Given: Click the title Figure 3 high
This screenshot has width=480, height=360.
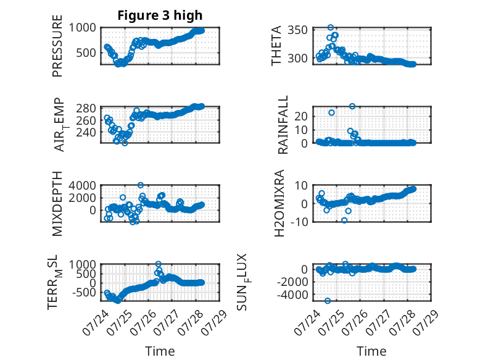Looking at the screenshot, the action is (x=160, y=15).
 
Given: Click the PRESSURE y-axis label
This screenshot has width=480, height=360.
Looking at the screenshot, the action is (x=57, y=46).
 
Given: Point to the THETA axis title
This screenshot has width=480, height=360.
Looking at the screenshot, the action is (x=276, y=46).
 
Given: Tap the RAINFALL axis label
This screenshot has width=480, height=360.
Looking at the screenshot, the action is (x=283, y=125).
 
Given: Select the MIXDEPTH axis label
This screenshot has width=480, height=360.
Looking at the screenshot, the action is (x=57, y=204).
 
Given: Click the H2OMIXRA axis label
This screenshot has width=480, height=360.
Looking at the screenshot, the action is (x=279, y=203).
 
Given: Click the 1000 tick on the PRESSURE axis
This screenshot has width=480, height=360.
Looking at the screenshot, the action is (x=82, y=28).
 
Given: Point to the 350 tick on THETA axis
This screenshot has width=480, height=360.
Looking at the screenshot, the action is (x=297, y=30).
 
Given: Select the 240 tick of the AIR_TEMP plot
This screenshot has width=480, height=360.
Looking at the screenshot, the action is (x=86, y=132).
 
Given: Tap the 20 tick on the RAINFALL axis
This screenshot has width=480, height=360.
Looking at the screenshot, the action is (x=301, y=117).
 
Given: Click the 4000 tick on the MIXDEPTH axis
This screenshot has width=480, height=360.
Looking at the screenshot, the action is (x=82, y=185).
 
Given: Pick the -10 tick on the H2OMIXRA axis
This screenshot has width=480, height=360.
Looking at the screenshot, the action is (x=299, y=222).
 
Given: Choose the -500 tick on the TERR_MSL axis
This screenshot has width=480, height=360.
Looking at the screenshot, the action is (x=84, y=292).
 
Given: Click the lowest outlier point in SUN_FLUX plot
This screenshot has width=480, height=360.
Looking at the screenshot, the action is (x=328, y=301).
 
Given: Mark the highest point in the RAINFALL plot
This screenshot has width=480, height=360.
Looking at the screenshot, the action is (x=352, y=106).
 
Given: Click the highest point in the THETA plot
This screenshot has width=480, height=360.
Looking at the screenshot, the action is (x=330, y=28).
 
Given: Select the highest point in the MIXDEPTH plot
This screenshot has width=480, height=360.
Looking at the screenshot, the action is (x=141, y=185).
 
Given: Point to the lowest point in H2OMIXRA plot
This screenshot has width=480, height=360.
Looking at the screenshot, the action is (x=344, y=220).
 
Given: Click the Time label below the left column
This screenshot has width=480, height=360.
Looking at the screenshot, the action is (x=160, y=351).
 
